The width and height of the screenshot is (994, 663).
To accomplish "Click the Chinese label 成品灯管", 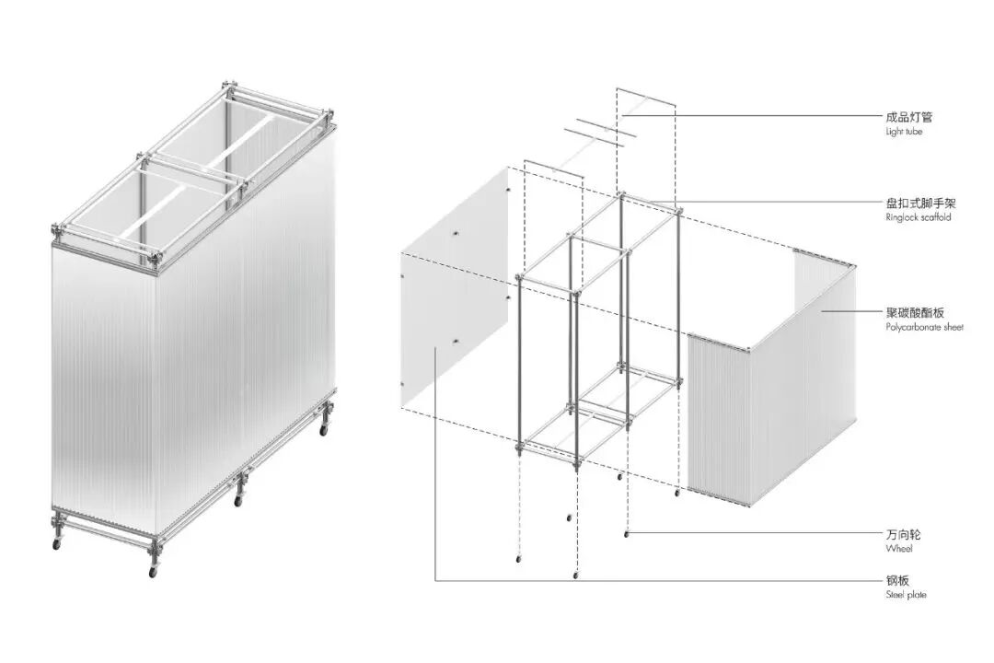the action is click(x=909, y=117).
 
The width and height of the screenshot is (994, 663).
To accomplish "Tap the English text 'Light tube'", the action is click(x=904, y=132).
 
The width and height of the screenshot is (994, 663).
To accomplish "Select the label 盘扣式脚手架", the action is click(x=920, y=203).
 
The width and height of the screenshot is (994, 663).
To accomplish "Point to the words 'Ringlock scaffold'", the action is click(x=919, y=217).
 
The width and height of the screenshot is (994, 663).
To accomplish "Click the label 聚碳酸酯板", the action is click(x=915, y=312).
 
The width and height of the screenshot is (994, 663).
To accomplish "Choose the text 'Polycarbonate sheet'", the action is click(x=924, y=327).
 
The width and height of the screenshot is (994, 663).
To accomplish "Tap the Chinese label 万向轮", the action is click(x=904, y=535).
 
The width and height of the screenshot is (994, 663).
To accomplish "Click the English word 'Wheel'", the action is click(x=899, y=548).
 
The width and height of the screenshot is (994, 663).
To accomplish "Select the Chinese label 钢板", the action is click(x=897, y=580).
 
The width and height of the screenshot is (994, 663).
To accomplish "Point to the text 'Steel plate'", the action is click(x=906, y=595).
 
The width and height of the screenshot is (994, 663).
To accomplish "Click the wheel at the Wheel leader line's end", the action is click(x=627, y=534).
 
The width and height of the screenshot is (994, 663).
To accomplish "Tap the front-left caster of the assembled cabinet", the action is click(x=56, y=543).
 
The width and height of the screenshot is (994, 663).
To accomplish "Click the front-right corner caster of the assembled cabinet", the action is click(x=152, y=572).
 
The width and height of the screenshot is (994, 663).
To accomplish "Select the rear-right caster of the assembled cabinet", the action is click(x=324, y=430).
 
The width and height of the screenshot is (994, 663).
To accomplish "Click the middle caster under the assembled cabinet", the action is click(x=238, y=501).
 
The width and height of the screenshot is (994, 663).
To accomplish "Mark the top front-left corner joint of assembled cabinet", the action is click(x=56, y=229).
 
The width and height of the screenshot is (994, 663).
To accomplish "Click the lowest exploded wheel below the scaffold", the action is click(x=576, y=575).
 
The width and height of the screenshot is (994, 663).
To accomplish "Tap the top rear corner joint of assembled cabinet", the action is click(x=229, y=87).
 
